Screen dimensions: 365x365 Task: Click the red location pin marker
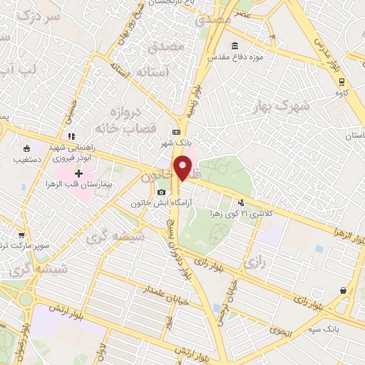click(x=183, y=168)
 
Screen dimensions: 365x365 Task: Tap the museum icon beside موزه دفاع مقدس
click(x=235, y=46)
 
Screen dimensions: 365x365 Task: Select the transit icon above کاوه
click(x=342, y=81)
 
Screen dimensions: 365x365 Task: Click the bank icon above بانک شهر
click(x=176, y=132)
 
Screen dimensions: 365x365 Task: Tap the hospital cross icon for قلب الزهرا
click(x=79, y=173)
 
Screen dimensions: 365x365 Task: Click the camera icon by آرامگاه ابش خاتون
click(x=162, y=192)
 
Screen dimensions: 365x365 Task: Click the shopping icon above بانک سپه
click(x=344, y=290)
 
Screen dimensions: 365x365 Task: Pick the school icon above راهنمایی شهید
click(x=71, y=135)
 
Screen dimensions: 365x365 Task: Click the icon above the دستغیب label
click(x=27, y=149)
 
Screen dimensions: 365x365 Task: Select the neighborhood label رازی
click(x=255, y=263)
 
